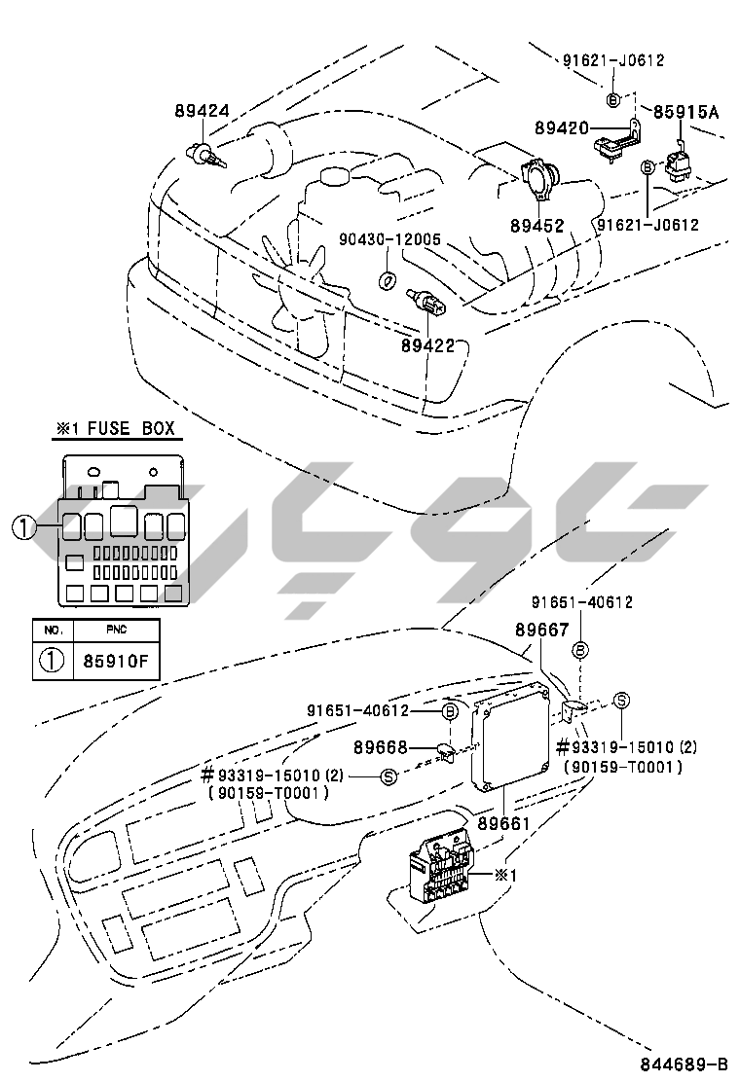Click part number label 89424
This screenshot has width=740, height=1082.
coord(203,111)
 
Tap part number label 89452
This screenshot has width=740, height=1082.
coord(536,226)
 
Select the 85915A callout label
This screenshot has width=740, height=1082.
coord(685,112)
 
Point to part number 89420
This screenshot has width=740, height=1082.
coord(561,127)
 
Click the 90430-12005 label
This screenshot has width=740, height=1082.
coord(390,239)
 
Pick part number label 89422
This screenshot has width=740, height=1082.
coord(428,344)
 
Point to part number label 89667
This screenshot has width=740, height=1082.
coord(541,631)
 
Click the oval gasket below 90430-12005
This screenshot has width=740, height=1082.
coord(388,280)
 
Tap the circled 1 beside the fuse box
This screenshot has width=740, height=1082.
coord(23,528)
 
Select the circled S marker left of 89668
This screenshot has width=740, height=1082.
coord(388,775)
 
